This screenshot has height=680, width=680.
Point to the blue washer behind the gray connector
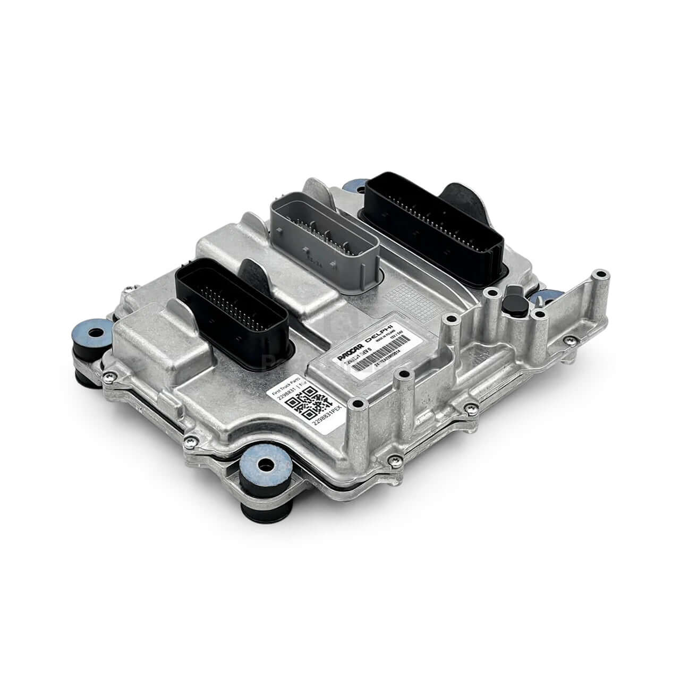pos(353,187)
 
